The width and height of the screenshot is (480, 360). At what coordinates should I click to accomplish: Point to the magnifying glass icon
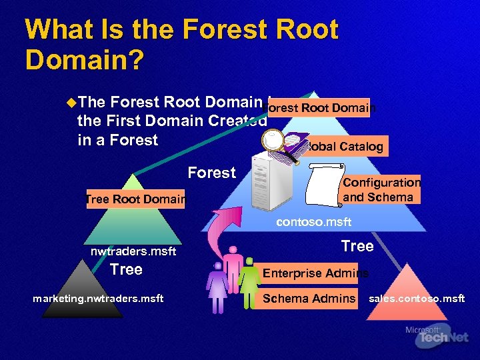click(275, 142)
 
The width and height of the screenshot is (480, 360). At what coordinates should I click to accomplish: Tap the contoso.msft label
click(313, 222)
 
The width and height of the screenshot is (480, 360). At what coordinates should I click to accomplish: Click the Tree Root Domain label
click(135, 199)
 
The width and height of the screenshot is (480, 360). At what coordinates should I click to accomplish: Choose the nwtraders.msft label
click(133, 251)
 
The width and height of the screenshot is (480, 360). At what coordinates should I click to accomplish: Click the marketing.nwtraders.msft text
click(98, 299)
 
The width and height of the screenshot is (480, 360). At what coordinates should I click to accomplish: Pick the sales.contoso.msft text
click(417, 299)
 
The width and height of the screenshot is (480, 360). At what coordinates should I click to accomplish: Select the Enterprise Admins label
click(315, 273)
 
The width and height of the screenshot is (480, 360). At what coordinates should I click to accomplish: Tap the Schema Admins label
click(309, 299)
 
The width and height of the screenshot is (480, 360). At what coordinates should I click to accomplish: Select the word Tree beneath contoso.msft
click(357, 246)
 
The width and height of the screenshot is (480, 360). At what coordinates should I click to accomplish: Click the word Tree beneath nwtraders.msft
click(126, 269)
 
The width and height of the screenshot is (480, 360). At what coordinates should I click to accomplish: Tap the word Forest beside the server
click(211, 173)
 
